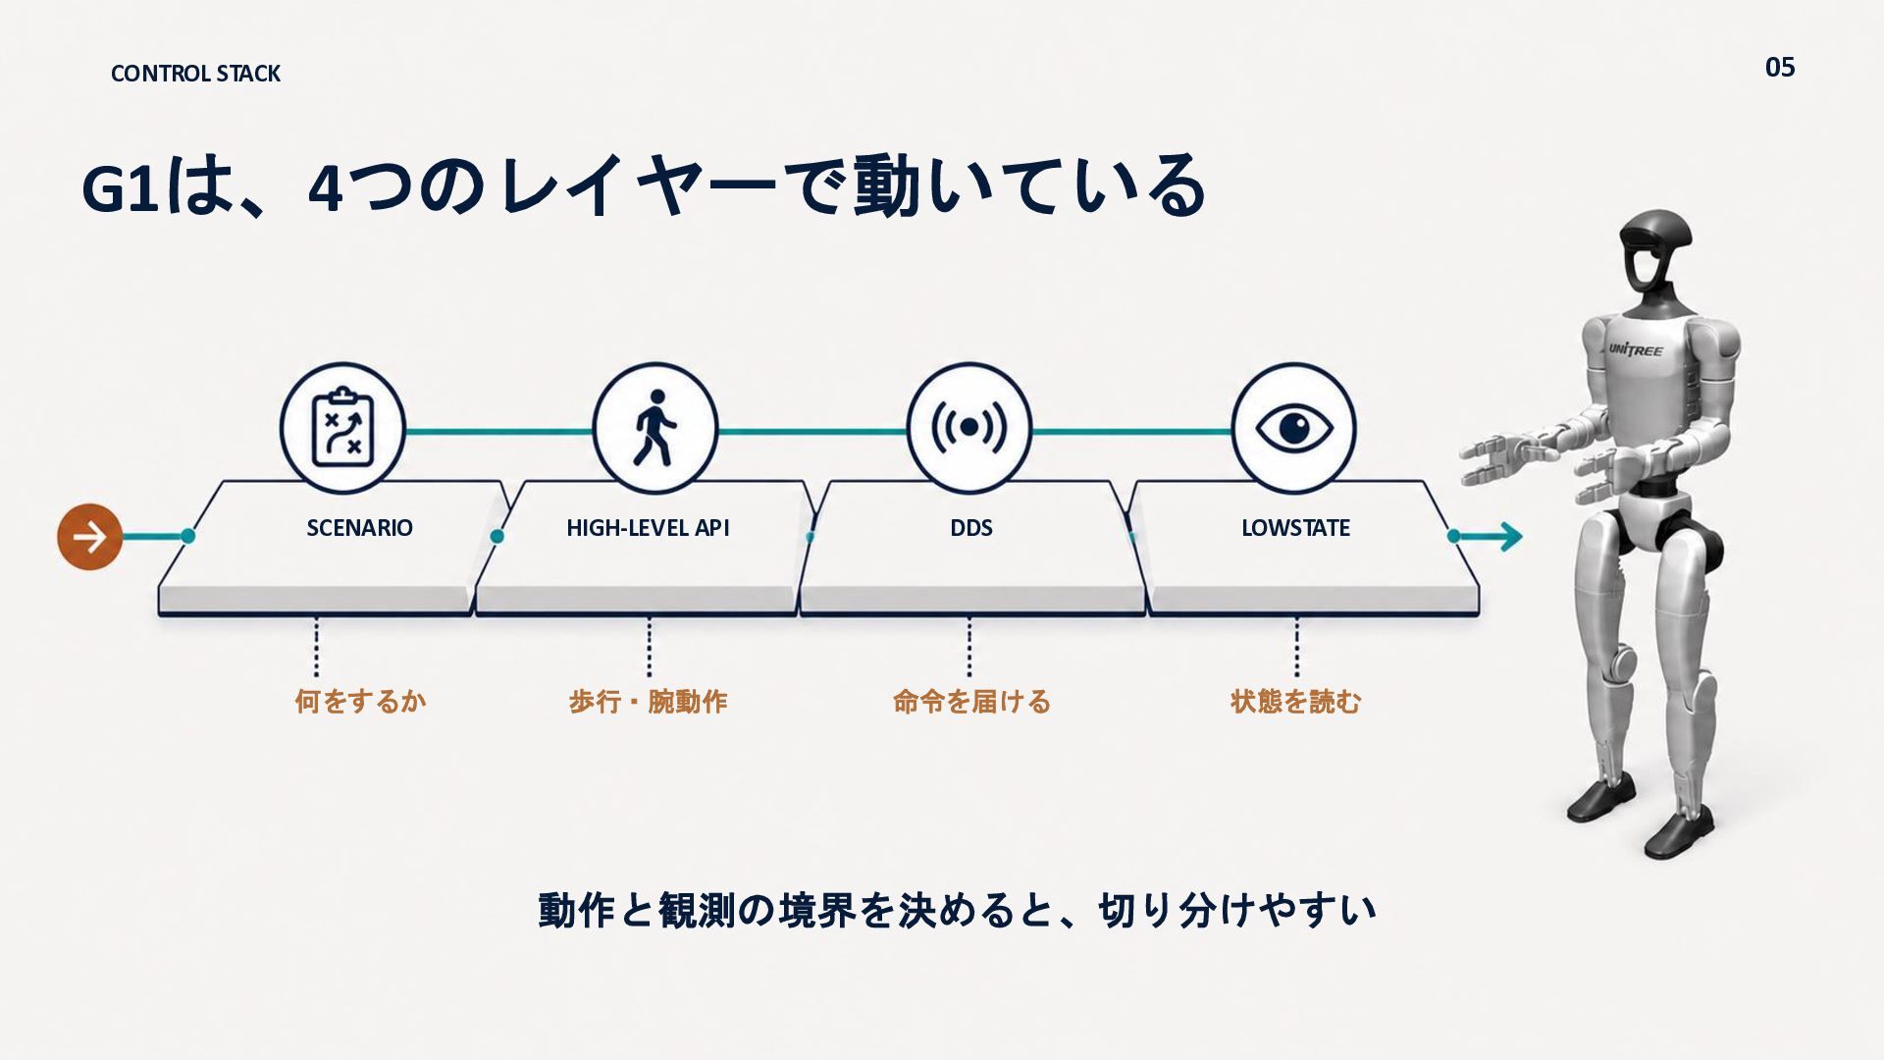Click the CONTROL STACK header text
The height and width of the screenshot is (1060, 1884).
(x=195, y=74)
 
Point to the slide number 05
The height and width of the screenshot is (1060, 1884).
(x=1780, y=67)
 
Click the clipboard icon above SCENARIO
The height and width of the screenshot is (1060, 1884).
(x=342, y=428)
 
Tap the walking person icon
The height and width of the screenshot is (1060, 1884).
(x=654, y=428)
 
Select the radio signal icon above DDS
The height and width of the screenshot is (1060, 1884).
(x=969, y=428)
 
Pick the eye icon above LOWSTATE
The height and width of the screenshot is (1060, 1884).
(x=1293, y=428)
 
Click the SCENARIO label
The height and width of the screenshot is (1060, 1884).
(x=359, y=528)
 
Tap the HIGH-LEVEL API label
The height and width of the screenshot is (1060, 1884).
(x=648, y=528)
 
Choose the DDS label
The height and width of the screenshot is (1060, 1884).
(x=971, y=528)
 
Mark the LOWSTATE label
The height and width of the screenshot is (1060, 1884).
(x=1295, y=528)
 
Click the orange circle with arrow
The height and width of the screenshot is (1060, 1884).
(x=90, y=537)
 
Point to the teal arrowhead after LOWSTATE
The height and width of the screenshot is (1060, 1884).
(x=1509, y=537)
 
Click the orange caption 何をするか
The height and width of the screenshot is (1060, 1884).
(x=360, y=702)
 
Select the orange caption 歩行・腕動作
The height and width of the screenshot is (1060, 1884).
(x=648, y=702)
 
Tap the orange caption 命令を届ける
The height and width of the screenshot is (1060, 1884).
(x=971, y=702)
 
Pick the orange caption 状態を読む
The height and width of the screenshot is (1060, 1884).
(x=1295, y=702)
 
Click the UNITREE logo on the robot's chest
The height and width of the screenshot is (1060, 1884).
(x=1636, y=349)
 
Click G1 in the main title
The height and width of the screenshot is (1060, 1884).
(x=120, y=188)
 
